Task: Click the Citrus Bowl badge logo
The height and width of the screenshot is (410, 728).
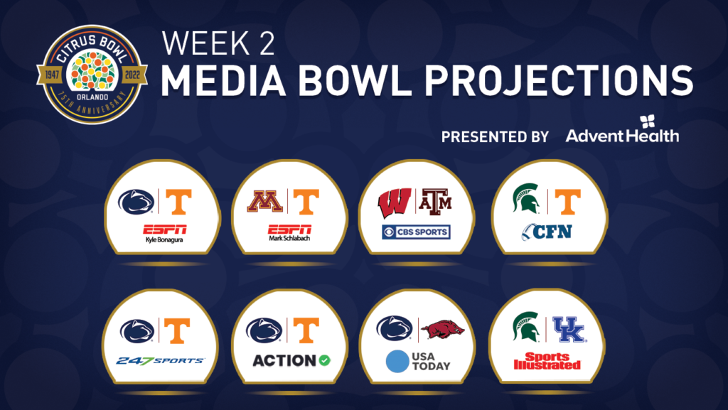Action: (x=92, y=75)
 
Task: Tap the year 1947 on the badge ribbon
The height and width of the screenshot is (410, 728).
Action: (x=51, y=75)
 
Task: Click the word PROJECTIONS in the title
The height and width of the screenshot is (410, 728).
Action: (x=560, y=80)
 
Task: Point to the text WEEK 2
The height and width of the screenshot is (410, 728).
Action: (x=218, y=43)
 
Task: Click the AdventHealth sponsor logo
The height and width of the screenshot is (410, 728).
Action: (x=622, y=129)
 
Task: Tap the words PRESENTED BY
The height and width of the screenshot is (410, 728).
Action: (x=495, y=137)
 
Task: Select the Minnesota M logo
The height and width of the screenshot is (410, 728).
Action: (x=264, y=201)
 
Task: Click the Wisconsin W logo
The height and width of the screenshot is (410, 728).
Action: (x=395, y=203)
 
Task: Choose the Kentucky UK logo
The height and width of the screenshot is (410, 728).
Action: (x=569, y=329)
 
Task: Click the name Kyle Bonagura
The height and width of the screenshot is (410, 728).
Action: (x=164, y=239)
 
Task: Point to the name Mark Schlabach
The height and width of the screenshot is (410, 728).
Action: (x=289, y=238)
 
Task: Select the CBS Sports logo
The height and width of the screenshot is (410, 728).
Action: (x=416, y=232)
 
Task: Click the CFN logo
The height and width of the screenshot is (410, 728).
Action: (x=547, y=232)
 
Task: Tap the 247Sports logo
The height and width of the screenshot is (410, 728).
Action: (x=160, y=361)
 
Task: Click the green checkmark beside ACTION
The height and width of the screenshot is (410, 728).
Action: (x=324, y=360)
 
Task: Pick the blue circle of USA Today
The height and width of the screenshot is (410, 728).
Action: (x=397, y=362)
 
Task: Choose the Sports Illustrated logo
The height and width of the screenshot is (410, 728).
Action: (x=547, y=361)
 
